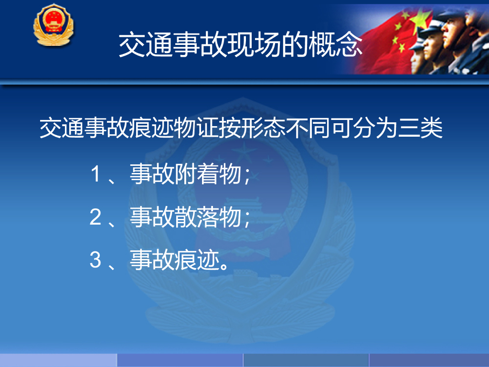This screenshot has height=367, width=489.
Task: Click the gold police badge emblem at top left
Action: [x=53, y=25]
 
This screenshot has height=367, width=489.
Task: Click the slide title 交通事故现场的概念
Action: [x=241, y=44]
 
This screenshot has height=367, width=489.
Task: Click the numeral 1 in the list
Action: [x=96, y=174]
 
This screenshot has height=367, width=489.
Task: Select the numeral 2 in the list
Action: [x=96, y=217]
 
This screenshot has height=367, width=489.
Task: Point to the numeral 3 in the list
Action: [x=96, y=259]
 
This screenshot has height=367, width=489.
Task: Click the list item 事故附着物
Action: [x=186, y=174]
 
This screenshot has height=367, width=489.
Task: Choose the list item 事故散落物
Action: [x=186, y=217]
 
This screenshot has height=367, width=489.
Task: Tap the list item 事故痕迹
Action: [x=175, y=259]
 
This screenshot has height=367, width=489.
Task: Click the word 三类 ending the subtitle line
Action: [x=420, y=128]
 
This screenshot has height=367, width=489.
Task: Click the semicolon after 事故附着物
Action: [x=247, y=176]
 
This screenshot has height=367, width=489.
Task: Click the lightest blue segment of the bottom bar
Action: [x=58, y=360]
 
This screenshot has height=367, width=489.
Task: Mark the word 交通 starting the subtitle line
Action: [x=62, y=128]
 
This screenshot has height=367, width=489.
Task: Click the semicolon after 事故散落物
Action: [x=247, y=219]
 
